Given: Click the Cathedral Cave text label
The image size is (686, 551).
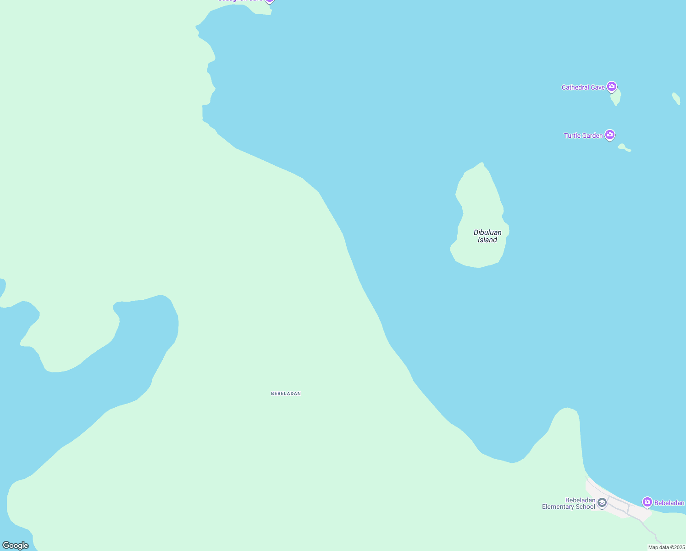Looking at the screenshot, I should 583,87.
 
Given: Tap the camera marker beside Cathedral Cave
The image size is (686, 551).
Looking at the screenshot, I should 611,86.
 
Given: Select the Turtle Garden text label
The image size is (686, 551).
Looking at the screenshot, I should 583,135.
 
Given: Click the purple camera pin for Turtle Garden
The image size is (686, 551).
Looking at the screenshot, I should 609,135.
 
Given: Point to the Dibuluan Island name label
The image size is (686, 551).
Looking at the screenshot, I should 487,236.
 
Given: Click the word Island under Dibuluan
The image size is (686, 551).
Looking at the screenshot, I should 487,240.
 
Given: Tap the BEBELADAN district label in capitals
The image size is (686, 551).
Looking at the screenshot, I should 286,394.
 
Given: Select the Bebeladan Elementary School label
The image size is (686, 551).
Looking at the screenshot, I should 569,503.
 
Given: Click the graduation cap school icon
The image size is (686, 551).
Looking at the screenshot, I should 602,503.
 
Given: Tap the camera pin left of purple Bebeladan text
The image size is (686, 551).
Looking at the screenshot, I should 647,502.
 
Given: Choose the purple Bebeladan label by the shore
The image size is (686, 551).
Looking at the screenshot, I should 669,503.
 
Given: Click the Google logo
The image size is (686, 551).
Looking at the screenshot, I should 16,545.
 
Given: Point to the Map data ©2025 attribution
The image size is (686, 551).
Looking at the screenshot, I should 666,547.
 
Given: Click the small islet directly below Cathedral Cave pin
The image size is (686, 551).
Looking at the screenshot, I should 616,98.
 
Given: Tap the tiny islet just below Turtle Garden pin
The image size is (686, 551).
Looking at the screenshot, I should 624,148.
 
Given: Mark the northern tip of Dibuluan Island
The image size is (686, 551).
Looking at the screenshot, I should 481,164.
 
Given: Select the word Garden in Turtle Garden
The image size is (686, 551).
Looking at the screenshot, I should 592,135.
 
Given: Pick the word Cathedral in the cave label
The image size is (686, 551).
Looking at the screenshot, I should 575,87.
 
